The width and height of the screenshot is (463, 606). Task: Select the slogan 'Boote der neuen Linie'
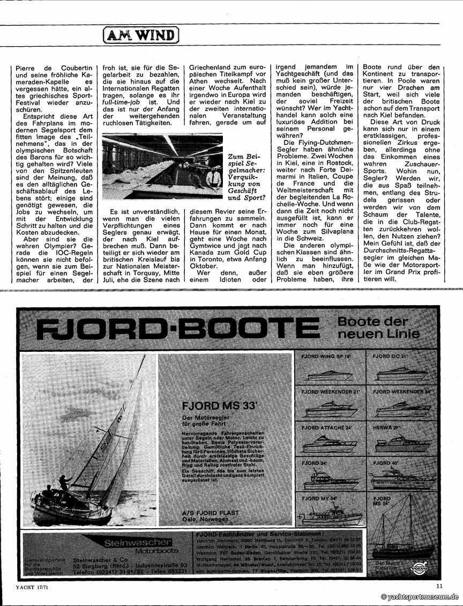click(x=373, y=328)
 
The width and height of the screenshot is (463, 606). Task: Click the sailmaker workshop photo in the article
click(x=162, y=166)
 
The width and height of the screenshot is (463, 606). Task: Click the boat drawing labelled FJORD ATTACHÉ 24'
click(x=328, y=444)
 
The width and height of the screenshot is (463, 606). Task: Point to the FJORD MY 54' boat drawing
click(x=328, y=515)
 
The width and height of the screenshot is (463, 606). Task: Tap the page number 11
click(x=439, y=586)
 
